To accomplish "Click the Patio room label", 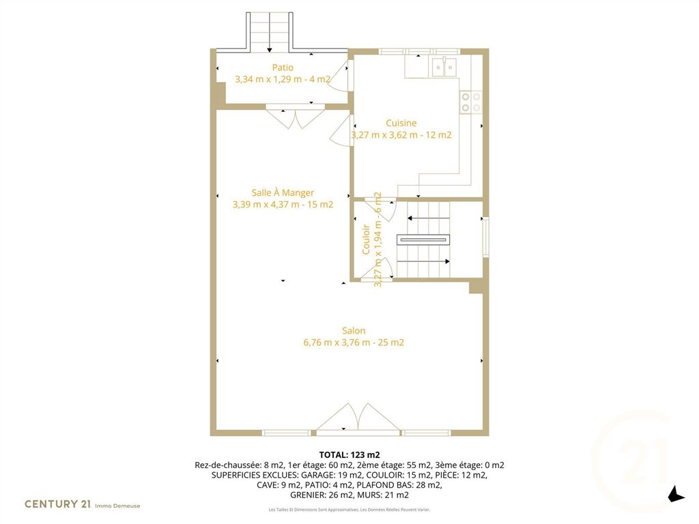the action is tap(283, 68).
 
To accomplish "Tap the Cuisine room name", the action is tap(401, 123).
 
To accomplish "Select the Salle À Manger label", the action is tap(283, 192).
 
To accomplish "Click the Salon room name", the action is tap(354, 331).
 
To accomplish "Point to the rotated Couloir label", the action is tap(366, 239).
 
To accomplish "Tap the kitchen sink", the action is tap(444, 67).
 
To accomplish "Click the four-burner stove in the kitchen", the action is tap(471, 102).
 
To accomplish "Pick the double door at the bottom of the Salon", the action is tap(358, 418).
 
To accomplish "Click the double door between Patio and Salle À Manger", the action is tap(295, 117).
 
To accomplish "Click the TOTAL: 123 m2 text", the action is tap(349, 455).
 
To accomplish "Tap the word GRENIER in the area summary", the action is tap(308, 495).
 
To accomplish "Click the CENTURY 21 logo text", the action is tap(58, 504).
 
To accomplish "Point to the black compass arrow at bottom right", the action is tap(676, 494).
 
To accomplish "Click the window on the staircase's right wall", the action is tap(486, 237).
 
